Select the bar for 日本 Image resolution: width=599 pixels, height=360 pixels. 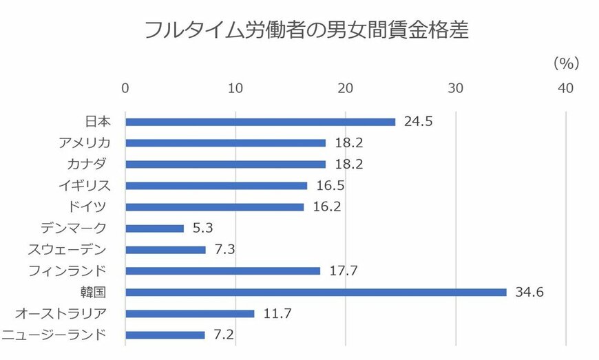pos(260,122)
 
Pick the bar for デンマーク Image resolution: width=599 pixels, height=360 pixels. pos(155,229)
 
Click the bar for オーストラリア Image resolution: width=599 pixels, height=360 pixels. pos(190,314)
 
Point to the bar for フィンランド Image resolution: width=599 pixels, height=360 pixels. pos(223,271)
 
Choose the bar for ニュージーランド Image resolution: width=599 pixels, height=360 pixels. pos(165,335)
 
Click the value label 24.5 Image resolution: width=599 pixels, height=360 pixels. pos(419,122)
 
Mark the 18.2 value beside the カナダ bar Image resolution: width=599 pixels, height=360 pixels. pos(349,165)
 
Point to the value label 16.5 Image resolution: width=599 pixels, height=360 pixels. pos(330,186)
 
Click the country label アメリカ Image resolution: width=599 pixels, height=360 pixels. pos(85,143)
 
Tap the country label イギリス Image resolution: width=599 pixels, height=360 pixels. pos(85,186)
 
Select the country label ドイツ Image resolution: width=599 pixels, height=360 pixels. pos(90,207)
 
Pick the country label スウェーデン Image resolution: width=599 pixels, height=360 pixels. pos(76,250)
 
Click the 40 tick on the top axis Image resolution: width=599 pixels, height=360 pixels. pos(565,88)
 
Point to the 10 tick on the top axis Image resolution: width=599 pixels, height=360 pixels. pos(235,88)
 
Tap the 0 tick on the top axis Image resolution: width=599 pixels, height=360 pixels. pos(125,88)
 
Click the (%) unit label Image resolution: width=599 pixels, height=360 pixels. pos(566,63)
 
